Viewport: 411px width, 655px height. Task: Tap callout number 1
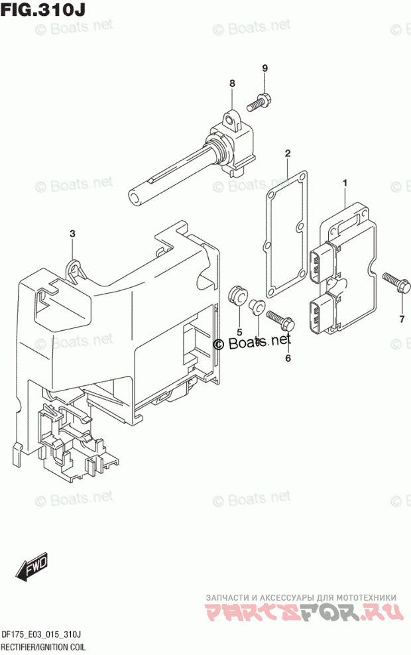point(345,182)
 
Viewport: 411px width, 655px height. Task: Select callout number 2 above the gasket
point(288,154)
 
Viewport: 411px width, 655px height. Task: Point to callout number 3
point(73,233)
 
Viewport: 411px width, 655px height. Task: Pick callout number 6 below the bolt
point(288,359)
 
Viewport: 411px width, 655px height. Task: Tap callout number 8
point(233,84)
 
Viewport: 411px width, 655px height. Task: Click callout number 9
point(264,68)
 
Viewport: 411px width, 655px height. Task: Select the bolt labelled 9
point(259,103)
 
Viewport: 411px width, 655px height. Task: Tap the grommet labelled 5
point(236,295)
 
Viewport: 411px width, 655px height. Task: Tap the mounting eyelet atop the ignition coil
point(231,121)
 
